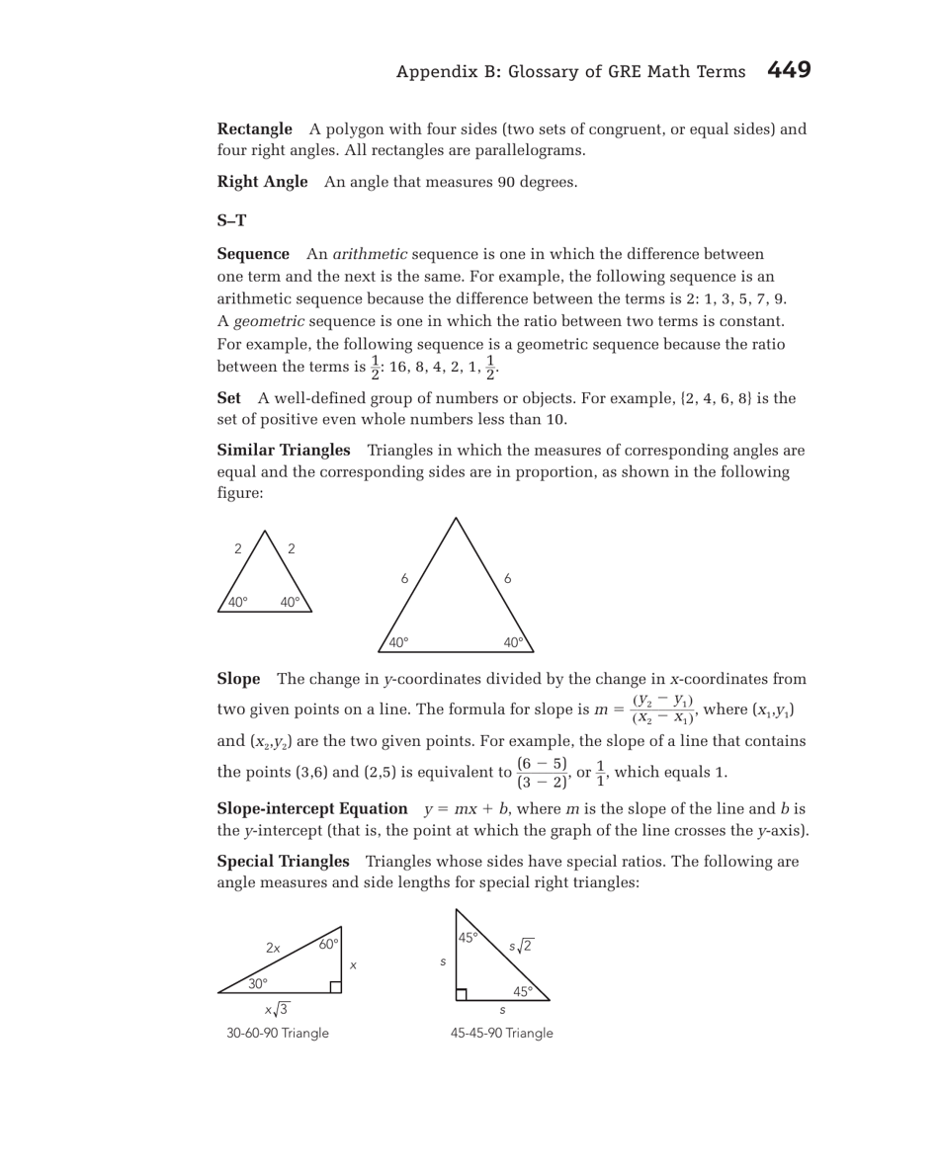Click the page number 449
pos(788,70)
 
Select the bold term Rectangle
pos(254,129)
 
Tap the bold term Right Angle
pos(262,182)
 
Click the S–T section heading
pos(231,220)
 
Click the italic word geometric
pos(264,322)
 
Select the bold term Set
pos(228,398)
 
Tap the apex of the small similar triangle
pos(265,531)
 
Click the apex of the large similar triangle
pos(456,518)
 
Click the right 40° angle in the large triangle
pos(513,642)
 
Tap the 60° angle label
pos(328,944)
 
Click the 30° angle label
pos(258,983)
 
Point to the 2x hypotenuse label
pos(273,949)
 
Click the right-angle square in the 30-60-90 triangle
pos(336,986)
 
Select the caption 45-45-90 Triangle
pos(501,1033)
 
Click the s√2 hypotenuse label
pos(521,946)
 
